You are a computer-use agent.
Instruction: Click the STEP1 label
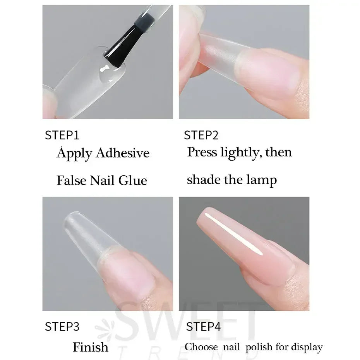[x=62, y=135]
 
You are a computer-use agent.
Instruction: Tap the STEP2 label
[x=201, y=135]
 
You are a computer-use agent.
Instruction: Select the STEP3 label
[x=62, y=326]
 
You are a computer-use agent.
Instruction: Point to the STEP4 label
[x=203, y=326]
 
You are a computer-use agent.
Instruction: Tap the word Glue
[x=133, y=180]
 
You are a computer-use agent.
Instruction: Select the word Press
[x=202, y=152]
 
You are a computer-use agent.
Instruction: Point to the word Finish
[x=91, y=347]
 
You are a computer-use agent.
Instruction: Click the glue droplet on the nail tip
[x=106, y=74]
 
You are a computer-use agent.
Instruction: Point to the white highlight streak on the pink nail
[x=233, y=234]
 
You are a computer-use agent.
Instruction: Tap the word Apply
[x=74, y=154]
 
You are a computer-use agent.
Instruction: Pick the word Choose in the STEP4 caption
[x=201, y=347]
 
